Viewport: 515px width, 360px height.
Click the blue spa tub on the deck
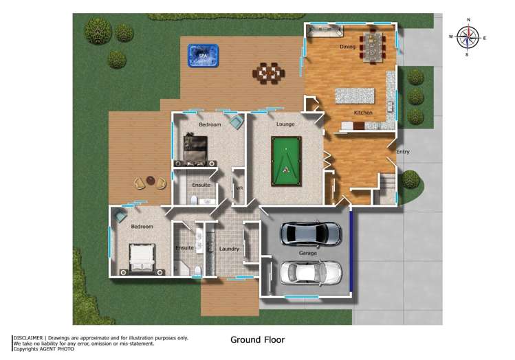pos(202,55)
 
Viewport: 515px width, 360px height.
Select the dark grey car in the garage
pos(311,234)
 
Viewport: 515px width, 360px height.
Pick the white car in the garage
pos(311,273)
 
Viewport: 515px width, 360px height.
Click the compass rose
pos(468,36)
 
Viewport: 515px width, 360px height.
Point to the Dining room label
pos(347,47)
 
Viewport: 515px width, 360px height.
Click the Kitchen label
pos(363,112)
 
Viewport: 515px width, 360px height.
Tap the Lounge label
pos(285,124)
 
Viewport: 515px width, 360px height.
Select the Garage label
pos(307,254)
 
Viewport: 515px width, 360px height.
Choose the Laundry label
pos(228,249)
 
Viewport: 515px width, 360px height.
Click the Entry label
pos(402,152)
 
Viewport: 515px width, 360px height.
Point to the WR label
pos(239,188)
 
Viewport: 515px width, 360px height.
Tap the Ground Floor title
pos(257,339)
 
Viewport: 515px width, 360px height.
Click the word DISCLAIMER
pos(28,337)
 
